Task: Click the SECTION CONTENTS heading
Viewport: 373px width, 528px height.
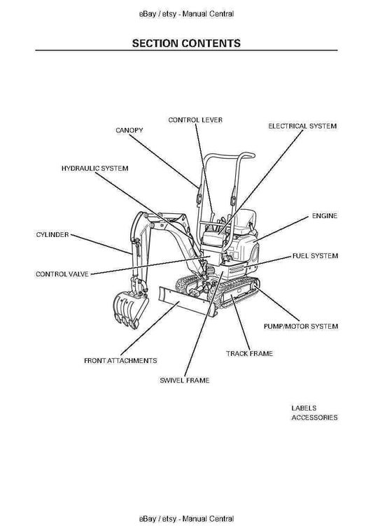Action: pos(186,43)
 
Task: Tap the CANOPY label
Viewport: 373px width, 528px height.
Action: pos(129,130)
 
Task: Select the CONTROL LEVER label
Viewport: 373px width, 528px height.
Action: pos(195,120)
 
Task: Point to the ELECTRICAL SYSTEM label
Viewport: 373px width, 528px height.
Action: pos(302,126)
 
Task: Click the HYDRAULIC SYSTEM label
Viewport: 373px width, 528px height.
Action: pos(94,168)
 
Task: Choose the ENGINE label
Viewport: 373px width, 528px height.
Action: pos(325,216)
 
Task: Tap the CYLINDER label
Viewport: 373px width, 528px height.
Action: pos(52,235)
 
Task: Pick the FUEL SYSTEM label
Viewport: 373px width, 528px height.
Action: pos(315,256)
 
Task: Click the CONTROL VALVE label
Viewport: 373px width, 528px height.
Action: pos(62,274)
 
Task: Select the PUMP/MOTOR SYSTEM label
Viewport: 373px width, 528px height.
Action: pos(301,327)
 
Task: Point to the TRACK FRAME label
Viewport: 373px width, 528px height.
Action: pos(249,354)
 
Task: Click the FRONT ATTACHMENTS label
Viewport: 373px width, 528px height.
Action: pos(120,361)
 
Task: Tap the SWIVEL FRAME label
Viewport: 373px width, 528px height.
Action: pos(185,380)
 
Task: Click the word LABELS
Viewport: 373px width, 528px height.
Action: pos(304,408)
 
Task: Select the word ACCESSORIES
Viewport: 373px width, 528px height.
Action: pos(314,418)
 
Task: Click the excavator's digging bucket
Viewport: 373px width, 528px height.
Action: pos(129,308)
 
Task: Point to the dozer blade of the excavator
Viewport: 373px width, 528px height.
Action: pos(188,301)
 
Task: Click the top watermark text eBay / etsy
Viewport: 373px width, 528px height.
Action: pos(157,14)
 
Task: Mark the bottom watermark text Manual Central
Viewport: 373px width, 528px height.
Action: pos(208,519)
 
